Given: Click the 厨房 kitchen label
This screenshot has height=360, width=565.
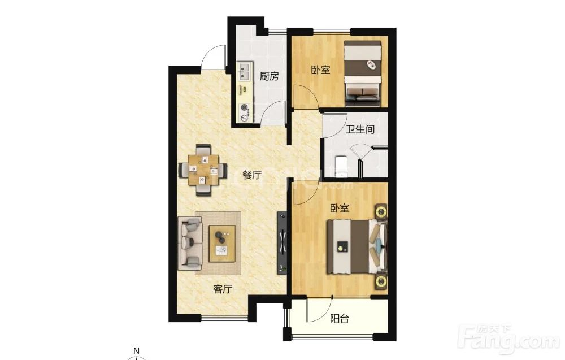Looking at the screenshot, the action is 269,76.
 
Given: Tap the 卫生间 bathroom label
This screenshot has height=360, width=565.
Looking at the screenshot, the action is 360,129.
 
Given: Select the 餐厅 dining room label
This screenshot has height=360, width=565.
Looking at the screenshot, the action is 252,175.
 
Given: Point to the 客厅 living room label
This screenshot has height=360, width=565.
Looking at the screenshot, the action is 223,289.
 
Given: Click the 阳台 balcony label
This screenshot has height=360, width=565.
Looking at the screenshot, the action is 340,318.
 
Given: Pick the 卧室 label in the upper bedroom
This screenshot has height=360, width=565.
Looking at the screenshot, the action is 321,70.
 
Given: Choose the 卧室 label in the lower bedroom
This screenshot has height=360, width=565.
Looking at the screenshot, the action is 340,208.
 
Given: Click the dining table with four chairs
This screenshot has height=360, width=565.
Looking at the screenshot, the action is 202,170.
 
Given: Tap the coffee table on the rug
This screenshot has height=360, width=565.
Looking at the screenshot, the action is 222,244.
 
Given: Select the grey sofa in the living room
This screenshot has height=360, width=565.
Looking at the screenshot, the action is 190,243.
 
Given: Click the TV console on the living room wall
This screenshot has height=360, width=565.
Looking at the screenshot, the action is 282,242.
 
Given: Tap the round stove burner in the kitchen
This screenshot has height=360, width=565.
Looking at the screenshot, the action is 245,107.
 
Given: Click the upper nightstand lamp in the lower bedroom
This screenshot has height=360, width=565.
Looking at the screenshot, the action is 381,211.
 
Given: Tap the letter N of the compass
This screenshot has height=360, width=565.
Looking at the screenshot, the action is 136,350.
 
